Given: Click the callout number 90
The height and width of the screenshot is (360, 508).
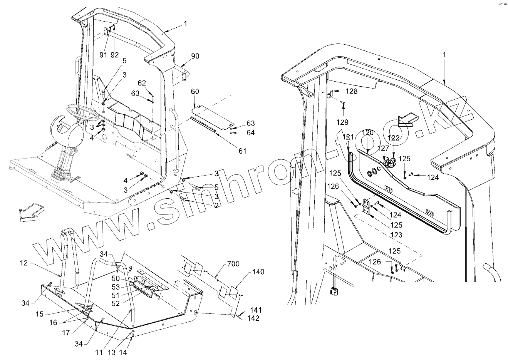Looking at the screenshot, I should point(195,56).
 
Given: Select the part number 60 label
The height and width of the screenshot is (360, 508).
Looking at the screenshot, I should point(195,92).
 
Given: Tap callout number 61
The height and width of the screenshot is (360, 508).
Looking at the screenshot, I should point(242,151).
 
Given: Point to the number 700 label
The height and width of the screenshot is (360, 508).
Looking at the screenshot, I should point(233,264).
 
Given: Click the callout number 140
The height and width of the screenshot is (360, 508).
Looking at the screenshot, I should point(258,272).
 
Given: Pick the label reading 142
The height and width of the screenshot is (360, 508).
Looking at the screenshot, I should point(253,318).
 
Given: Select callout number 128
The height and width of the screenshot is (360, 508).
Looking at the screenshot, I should point(351,92).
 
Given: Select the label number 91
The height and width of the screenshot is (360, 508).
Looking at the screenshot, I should point(103,55).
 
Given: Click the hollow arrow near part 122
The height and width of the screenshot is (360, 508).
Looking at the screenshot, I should point(408,119).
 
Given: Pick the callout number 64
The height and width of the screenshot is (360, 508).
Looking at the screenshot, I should point(250,132).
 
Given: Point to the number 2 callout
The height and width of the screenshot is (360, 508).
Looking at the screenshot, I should point(216,206).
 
